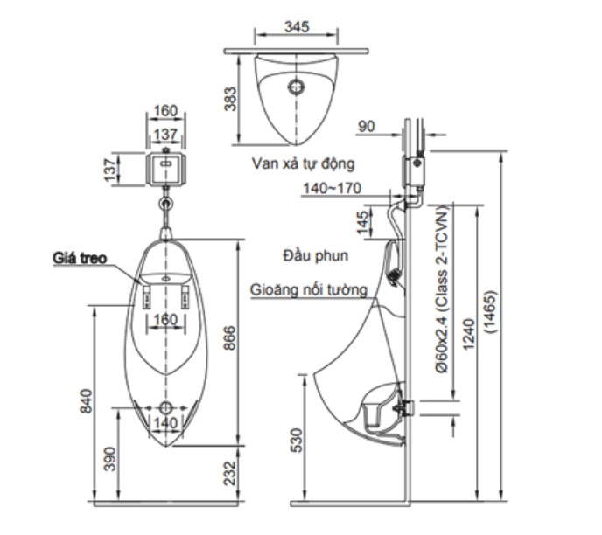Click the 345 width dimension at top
297,27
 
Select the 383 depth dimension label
230,99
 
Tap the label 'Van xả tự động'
303,163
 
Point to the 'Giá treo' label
80,258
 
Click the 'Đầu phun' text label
315,255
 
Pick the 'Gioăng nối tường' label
309,289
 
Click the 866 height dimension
230,338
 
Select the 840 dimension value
86,401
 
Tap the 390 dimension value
110,459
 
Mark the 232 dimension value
230,473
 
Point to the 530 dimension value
297,441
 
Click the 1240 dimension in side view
469,335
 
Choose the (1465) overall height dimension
491,312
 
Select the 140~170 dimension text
332,188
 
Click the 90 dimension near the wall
366,127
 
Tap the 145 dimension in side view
362,222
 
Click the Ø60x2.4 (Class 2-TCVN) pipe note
442,288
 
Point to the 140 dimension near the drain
165,423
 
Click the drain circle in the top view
296,87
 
